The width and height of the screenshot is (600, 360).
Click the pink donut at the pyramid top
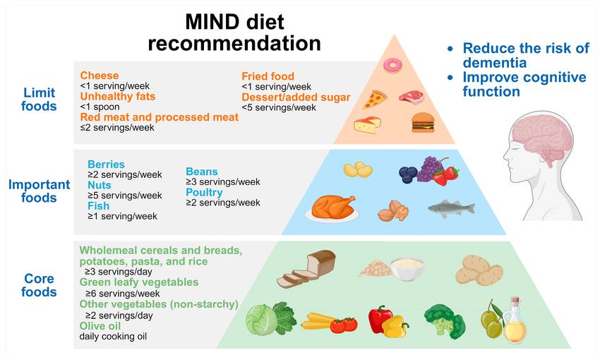click(392, 66)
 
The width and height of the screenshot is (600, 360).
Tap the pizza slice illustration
click(374, 100)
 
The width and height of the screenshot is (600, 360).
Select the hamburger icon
click(423, 122)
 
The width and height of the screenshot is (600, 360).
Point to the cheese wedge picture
click(367, 125)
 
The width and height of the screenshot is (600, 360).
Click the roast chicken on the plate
click(332, 208)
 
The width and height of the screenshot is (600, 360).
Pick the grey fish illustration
click(452, 208)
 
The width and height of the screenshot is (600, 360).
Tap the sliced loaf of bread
click(306, 268)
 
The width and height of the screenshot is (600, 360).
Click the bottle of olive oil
click(515, 321)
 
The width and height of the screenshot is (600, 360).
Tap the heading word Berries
click(106, 164)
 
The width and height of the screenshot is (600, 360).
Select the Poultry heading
click(204, 193)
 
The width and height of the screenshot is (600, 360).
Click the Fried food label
click(268, 76)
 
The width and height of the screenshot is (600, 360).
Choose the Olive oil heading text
click(100, 326)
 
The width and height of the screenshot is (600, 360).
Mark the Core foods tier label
click(39, 285)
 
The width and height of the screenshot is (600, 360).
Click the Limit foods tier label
click(39, 99)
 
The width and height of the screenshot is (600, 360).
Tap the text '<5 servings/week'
click(279, 107)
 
